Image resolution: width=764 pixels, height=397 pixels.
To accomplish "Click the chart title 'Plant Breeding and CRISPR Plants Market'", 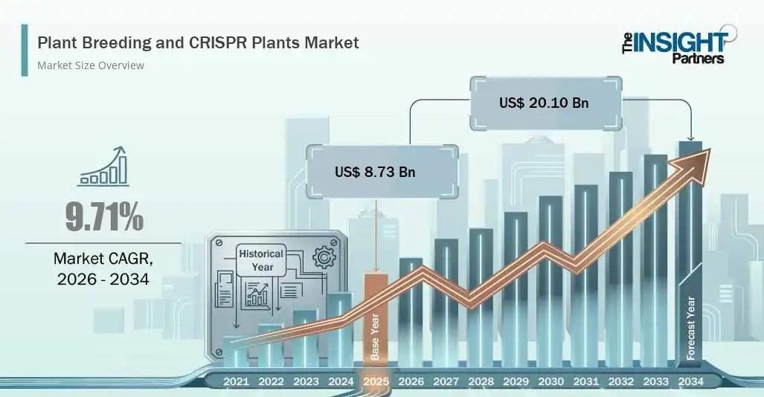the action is point(198,43).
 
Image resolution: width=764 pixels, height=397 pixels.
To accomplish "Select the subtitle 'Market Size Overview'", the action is point(91,65).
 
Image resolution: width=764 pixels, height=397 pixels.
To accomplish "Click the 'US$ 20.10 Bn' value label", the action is point(544,103).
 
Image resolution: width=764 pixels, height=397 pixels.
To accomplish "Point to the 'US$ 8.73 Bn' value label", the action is point(375,172).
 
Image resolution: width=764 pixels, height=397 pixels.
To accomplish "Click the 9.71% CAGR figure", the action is point(104,217).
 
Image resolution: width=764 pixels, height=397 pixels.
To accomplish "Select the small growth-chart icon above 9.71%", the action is point(104,166).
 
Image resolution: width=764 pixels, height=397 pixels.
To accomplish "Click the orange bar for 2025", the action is point(376,319).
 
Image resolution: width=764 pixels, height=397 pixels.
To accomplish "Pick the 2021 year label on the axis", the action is point(236,381).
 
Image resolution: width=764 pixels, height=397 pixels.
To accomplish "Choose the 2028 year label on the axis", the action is point(481,381).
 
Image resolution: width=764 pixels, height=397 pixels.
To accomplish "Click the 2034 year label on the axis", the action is point(691,381).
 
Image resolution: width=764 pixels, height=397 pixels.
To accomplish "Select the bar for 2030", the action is point(550,281).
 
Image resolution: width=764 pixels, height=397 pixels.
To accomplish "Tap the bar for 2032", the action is point(620,269).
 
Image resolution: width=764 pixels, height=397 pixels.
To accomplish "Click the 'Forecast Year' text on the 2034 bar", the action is point(691,329).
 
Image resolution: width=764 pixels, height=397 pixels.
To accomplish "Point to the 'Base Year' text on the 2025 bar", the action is point(375,337).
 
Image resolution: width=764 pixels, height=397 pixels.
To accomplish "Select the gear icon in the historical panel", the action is point(324,257).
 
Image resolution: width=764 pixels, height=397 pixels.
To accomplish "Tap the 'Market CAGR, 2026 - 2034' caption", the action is point(103,268).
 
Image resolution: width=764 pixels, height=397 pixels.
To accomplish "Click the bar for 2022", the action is point(271,345).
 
